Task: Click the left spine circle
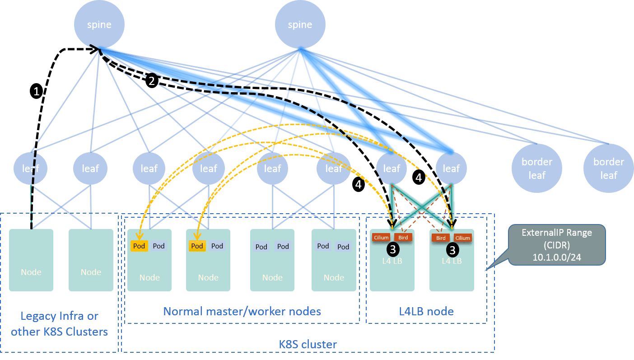tap(99, 24)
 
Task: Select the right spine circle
tap(300, 24)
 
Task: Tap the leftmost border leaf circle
tap(537, 168)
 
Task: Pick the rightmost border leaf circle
tap(608, 168)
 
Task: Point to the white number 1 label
tap(37, 92)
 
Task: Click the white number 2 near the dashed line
tap(152, 81)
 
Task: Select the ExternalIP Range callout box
tap(556, 244)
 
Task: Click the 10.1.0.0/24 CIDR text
tap(556, 255)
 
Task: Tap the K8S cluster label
tap(308, 344)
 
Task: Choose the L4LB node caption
tap(427, 311)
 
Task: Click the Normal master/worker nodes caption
tap(242, 311)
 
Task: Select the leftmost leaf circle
tap(30, 168)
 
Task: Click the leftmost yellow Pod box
tap(139, 246)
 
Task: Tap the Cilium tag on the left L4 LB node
tap(381, 238)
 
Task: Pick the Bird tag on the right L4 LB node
tap(441, 238)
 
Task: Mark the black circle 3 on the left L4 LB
tap(393, 249)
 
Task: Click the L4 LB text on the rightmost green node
tap(452, 261)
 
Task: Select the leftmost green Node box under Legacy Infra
tap(31, 260)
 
